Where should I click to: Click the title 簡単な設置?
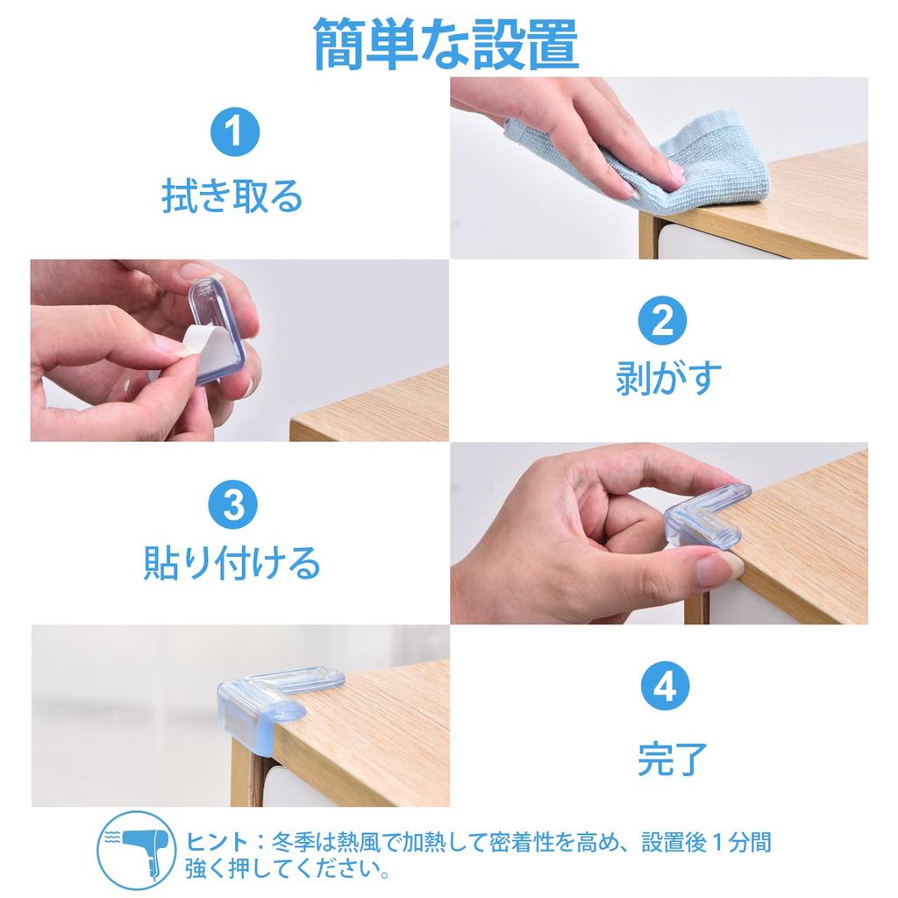pyautogui.click(x=446, y=44)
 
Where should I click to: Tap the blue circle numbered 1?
pyautogui.click(x=235, y=132)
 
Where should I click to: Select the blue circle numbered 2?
pyautogui.click(x=663, y=320)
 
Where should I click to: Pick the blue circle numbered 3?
pyautogui.click(x=233, y=504)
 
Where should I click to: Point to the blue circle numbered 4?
pyautogui.click(x=665, y=686)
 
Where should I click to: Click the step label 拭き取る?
pyautogui.click(x=232, y=196)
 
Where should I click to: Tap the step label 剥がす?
pyautogui.click(x=667, y=377)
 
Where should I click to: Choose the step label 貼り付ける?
pyautogui.click(x=232, y=562)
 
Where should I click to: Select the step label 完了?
pyautogui.click(x=673, y=759)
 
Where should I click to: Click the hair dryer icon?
pyautogui.click(x=136, y=851)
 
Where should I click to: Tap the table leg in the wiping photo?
pyautogui.click(x=648, y=235)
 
